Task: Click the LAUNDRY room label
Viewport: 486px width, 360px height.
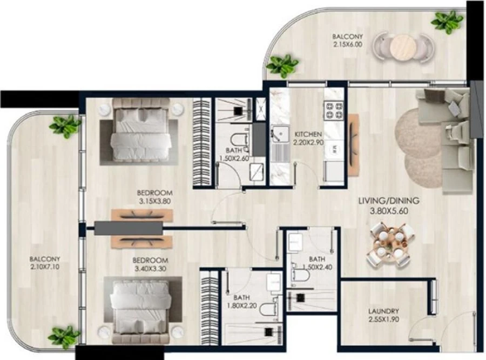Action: click(383, 311)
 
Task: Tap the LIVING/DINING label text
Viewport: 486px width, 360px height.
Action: click(389, 201)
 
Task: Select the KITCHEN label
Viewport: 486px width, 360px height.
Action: click(308, 134)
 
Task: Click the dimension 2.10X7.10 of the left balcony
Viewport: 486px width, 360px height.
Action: click(45, 266)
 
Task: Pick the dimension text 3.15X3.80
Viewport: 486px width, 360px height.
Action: click(154, 203)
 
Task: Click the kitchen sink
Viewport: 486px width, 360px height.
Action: click(280, 135)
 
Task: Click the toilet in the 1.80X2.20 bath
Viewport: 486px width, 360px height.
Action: click(267, 311)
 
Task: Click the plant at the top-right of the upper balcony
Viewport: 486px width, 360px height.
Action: click(447, 22)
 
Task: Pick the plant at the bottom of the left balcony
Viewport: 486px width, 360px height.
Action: click(64, 336)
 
